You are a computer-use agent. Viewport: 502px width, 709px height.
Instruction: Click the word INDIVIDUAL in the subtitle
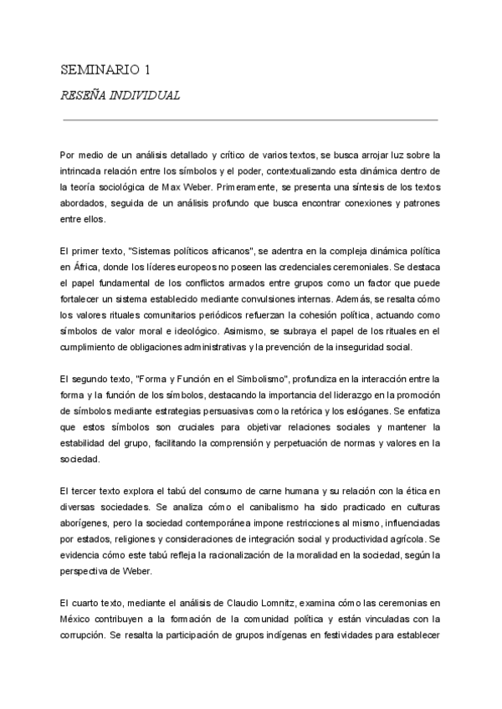(x=146, y=95)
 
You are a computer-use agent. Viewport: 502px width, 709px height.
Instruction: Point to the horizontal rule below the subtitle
(x=250, y=120)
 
